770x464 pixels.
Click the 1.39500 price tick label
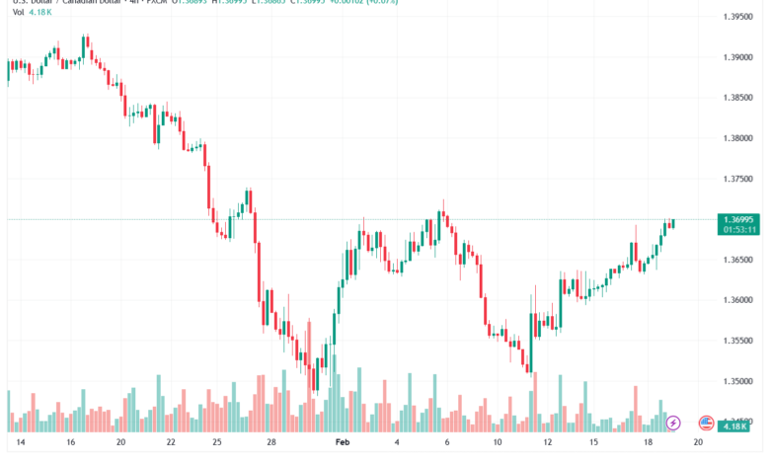tap(739, 17)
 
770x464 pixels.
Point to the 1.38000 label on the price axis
tap(739, 138)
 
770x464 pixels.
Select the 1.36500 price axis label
tap(739, 260)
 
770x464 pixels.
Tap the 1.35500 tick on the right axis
tap(739, 341)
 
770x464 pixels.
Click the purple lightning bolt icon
tap(673, 423)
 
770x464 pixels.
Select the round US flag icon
tap(706, 423)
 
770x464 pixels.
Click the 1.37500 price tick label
tap(739, 179)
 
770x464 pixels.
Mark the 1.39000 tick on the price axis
tap(739, 57)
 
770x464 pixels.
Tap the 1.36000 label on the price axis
tap(739, 300)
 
